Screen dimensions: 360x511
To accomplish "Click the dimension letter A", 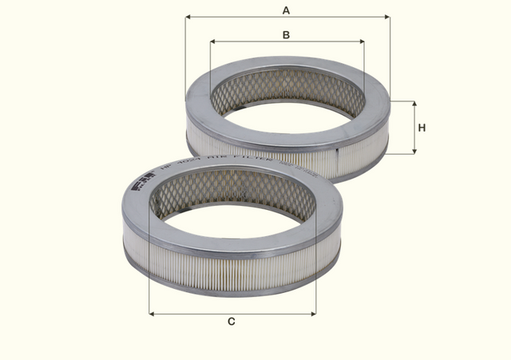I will pos(287,10).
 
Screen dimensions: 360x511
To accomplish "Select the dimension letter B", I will pos(287,34).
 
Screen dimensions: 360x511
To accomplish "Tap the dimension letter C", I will pos(232,322).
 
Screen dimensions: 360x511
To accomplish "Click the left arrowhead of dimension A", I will pos(188,16).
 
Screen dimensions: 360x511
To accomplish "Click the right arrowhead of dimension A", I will pos(386,16).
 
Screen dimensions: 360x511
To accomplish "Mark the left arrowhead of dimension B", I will pos(214,42).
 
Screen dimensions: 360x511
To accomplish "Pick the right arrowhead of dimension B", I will pos(360,42).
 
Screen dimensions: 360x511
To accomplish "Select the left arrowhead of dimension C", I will pos(153,314).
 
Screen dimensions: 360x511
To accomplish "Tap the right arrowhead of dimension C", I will pos(312,314).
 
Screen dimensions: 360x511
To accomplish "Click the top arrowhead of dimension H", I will pos(414,105).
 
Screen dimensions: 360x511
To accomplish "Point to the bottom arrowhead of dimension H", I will pos(414,149).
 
